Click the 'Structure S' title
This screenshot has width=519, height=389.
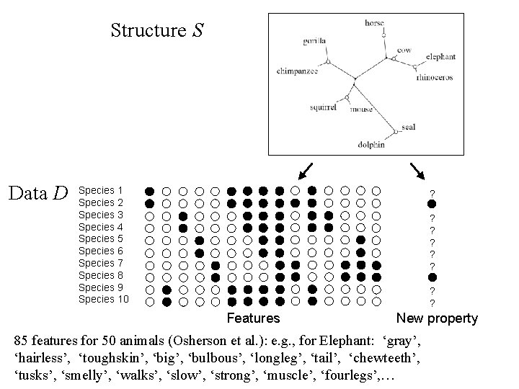(158, 30)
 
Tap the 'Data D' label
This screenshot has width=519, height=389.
(37, 193)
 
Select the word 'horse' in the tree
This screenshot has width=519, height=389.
(374, 23)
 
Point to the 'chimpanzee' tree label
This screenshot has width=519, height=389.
(296, 71)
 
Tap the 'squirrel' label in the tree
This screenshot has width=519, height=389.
(324, 107)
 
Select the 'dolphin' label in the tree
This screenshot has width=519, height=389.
(371, 144)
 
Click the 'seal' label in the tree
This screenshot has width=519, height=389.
(408, 128)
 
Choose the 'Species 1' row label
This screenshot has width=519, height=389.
(100, 191)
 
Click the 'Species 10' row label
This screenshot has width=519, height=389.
(103, 300)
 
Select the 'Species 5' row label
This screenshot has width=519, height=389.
(100, 239)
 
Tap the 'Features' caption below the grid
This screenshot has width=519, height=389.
(253, 318)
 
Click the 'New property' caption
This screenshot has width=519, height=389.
(437, 318)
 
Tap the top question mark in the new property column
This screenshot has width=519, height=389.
(432, 192)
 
